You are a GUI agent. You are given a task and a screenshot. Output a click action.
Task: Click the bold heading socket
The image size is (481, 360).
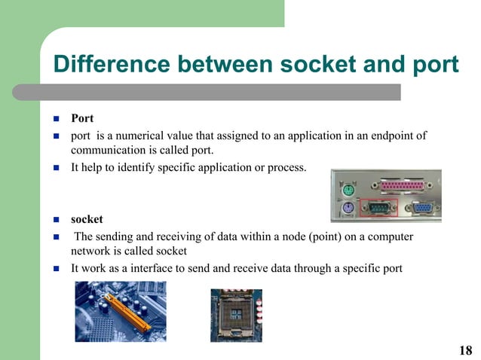(x=87, y=221)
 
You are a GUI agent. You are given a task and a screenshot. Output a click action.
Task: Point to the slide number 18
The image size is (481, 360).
(x=465, y=350)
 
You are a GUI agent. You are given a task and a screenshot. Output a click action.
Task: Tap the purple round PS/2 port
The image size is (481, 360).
(x=348, y=209)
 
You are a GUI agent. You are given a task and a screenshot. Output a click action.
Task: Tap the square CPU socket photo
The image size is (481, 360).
(x=236, y=315)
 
